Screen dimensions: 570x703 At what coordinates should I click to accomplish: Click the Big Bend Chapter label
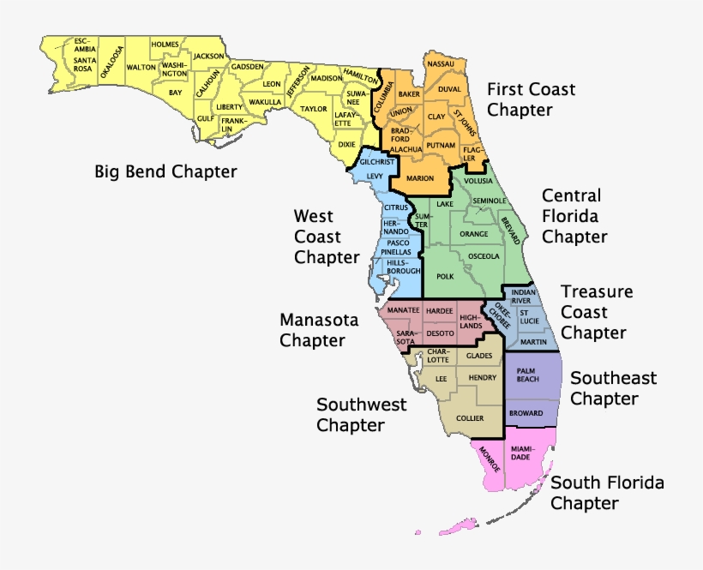coord(165,171)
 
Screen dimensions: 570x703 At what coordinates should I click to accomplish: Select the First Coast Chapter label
coord(531,99)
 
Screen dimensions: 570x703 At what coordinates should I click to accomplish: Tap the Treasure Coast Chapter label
coord(597,312)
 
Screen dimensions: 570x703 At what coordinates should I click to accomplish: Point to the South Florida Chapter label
coord(607,493)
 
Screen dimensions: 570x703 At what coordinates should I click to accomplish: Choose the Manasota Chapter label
coord(312,330)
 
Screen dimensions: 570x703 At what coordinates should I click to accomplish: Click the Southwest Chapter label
coord(361,414)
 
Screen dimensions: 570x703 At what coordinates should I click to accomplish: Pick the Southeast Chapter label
coord(613,388)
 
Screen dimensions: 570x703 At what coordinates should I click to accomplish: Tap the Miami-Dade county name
coord(521,453)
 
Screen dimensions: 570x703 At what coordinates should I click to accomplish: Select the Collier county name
coord(470,418)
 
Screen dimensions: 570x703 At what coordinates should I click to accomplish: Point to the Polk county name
coord(445,277)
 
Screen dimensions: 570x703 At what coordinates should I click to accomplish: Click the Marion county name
coord(420,178)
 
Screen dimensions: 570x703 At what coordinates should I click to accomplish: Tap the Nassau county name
coord(440,63)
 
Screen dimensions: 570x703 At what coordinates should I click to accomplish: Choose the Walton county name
coord(141,66)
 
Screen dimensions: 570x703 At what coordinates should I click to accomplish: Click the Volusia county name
coord(478,182)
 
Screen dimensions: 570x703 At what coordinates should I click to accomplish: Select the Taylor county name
coord(314,109)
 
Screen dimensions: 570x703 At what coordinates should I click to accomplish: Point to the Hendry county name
coord(484,377)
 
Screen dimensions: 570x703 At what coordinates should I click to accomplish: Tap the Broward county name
coord(526,413)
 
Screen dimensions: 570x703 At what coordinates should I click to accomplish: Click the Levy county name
coord(375,176)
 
